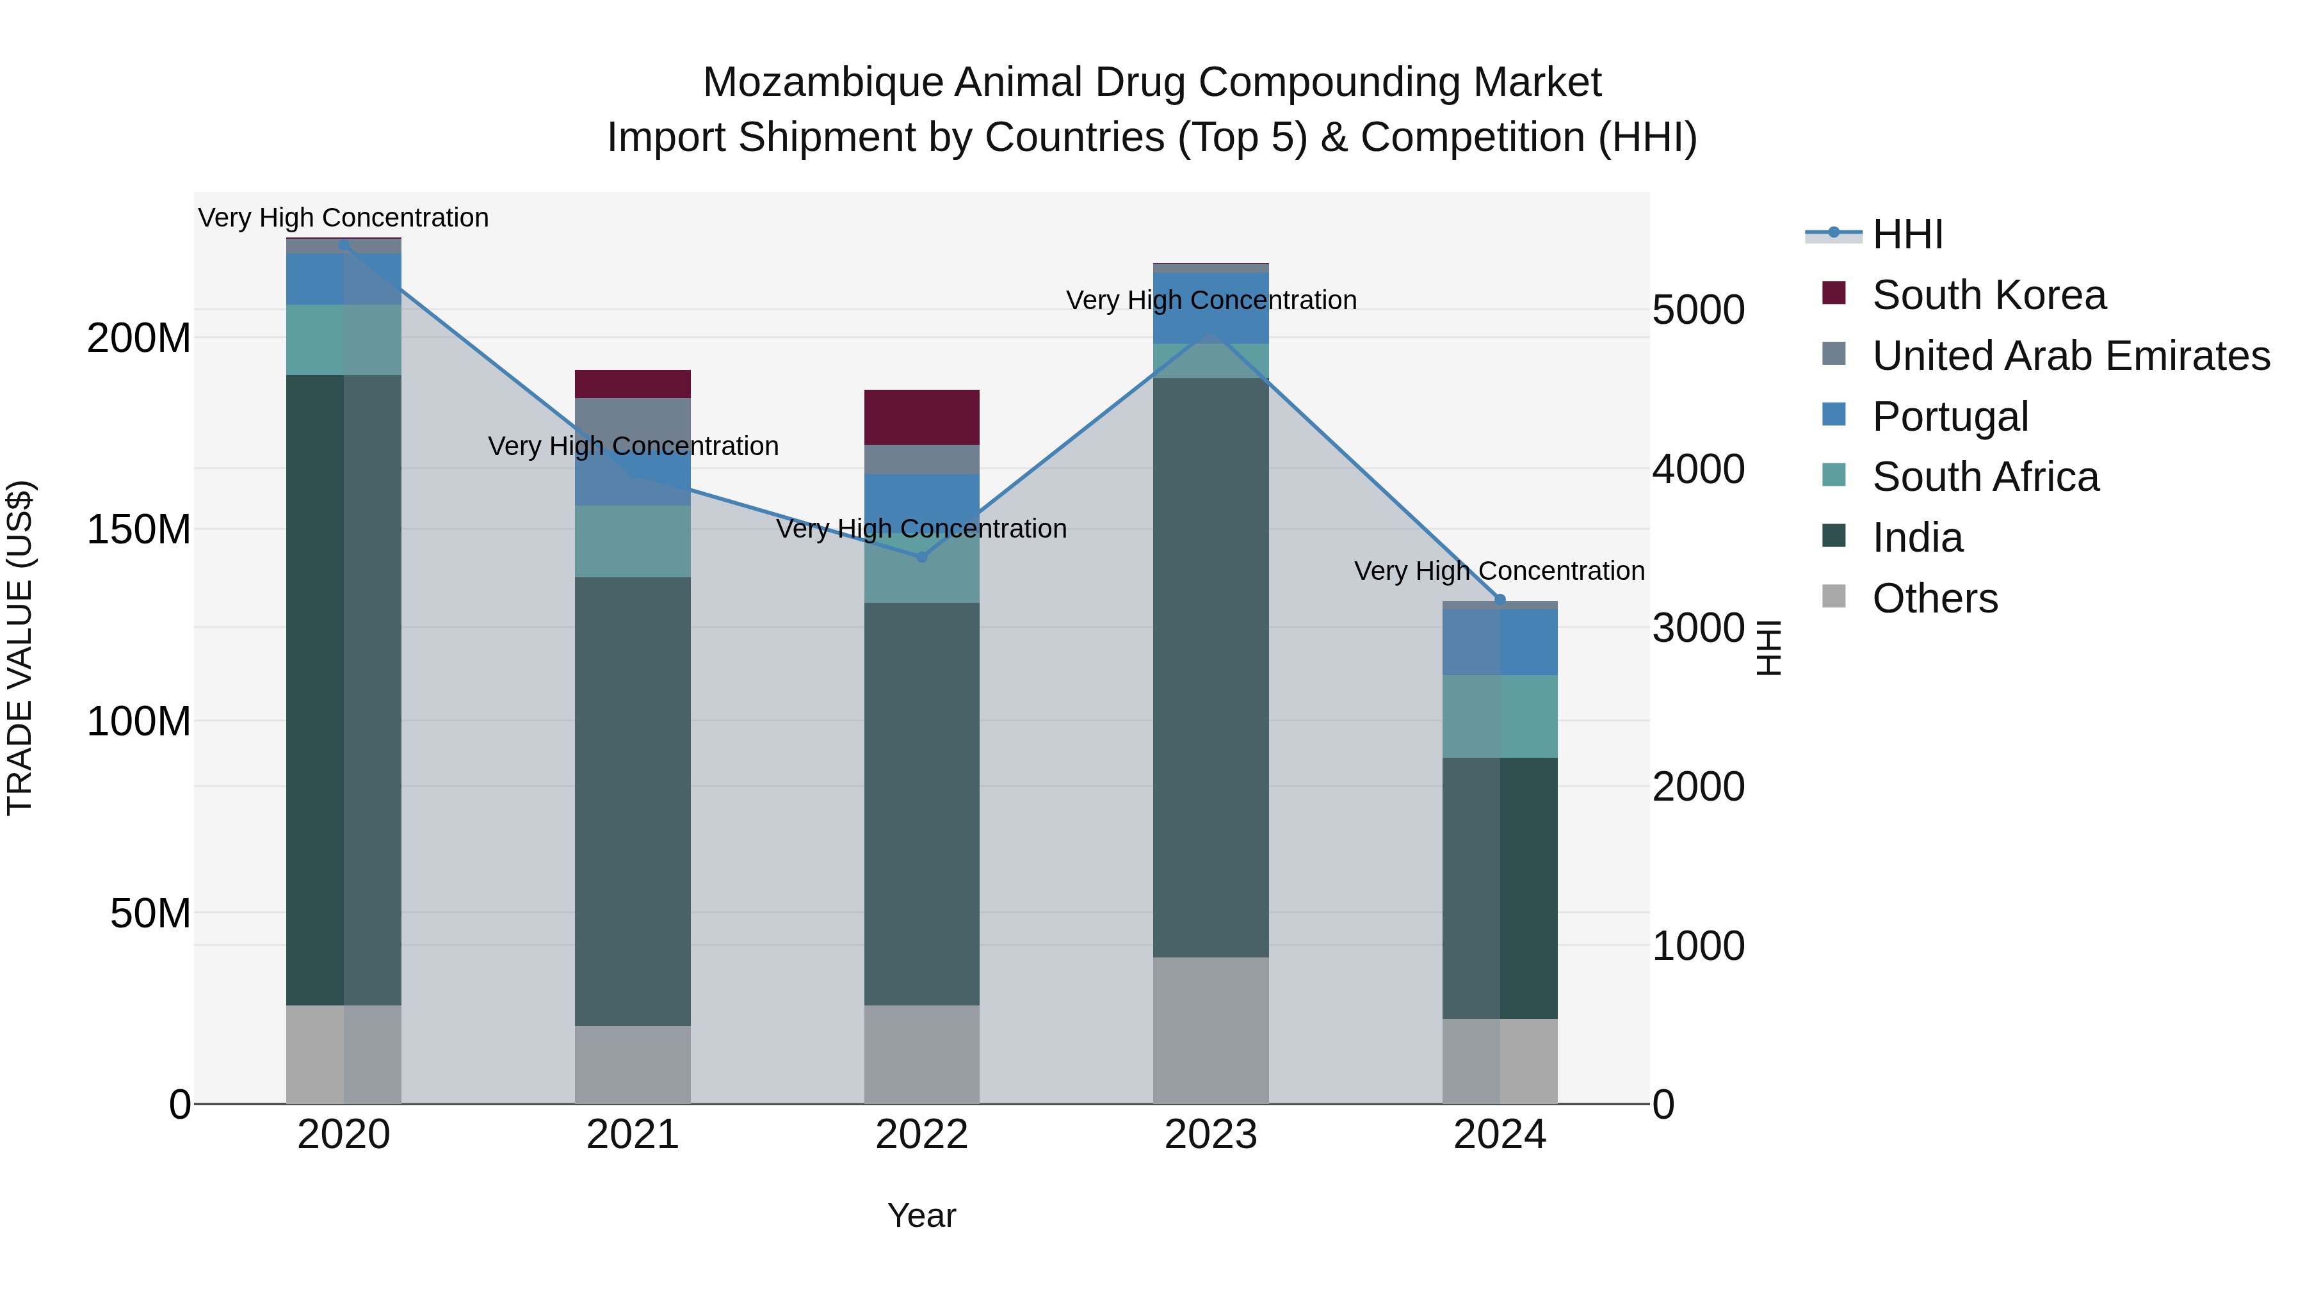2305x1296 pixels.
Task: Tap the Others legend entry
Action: click(1934, 598)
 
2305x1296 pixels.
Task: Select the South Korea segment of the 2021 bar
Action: click(633, 384)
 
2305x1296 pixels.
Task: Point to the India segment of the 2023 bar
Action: click(1211, 668)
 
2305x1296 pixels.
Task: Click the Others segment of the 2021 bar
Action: click(633, 1064)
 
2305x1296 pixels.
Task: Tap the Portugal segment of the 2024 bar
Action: click(1500, 642)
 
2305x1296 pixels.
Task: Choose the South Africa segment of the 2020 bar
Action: click(344, 340)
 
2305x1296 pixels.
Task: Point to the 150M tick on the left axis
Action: click(139, 529)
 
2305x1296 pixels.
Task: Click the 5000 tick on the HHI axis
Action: click(1697, 310)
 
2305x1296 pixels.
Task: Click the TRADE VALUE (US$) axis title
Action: click(20, 648)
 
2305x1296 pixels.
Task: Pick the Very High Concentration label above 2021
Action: click(633, 446)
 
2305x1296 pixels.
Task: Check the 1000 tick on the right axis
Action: click(1697, 945)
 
